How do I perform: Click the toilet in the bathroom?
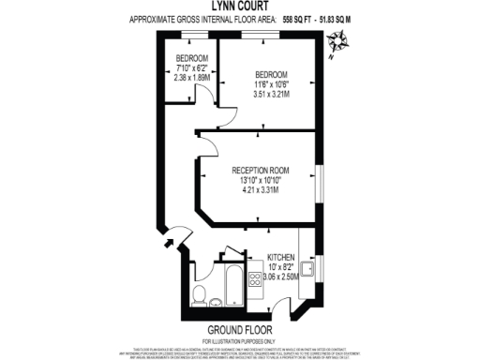click(198, 294)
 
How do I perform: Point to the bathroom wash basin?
click(217, 302)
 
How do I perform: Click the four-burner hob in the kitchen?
click(253, 278)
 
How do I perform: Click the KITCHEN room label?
click(281, 257)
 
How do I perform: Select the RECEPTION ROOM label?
click(260, 171)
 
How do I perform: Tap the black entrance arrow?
click(169, 246)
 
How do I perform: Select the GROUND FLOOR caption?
click(239, 330)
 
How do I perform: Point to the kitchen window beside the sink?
click(322, 272)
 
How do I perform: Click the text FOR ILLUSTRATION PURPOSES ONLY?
click(239, 339)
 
